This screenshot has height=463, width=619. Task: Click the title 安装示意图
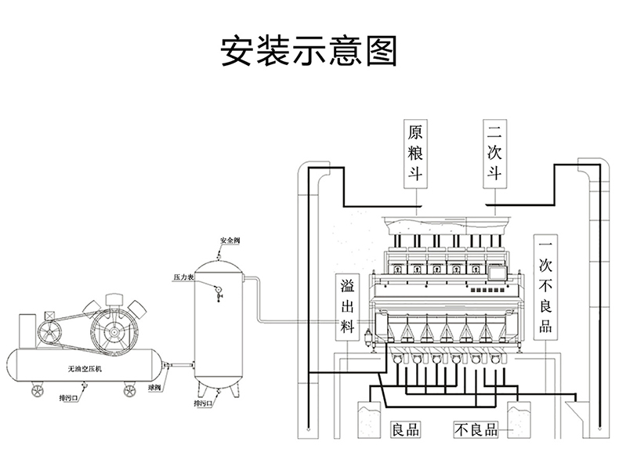point(309,50)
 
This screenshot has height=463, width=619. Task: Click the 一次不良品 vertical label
point(545,286)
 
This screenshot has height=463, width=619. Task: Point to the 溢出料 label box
point(348,306)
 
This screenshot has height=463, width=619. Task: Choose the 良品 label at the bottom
point(405,429)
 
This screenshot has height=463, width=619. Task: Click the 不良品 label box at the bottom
point(477,429)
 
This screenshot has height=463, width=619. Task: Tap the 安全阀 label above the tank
point(230,240)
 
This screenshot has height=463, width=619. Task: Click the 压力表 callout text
point(183,277)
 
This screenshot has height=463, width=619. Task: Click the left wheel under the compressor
point(37,389)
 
